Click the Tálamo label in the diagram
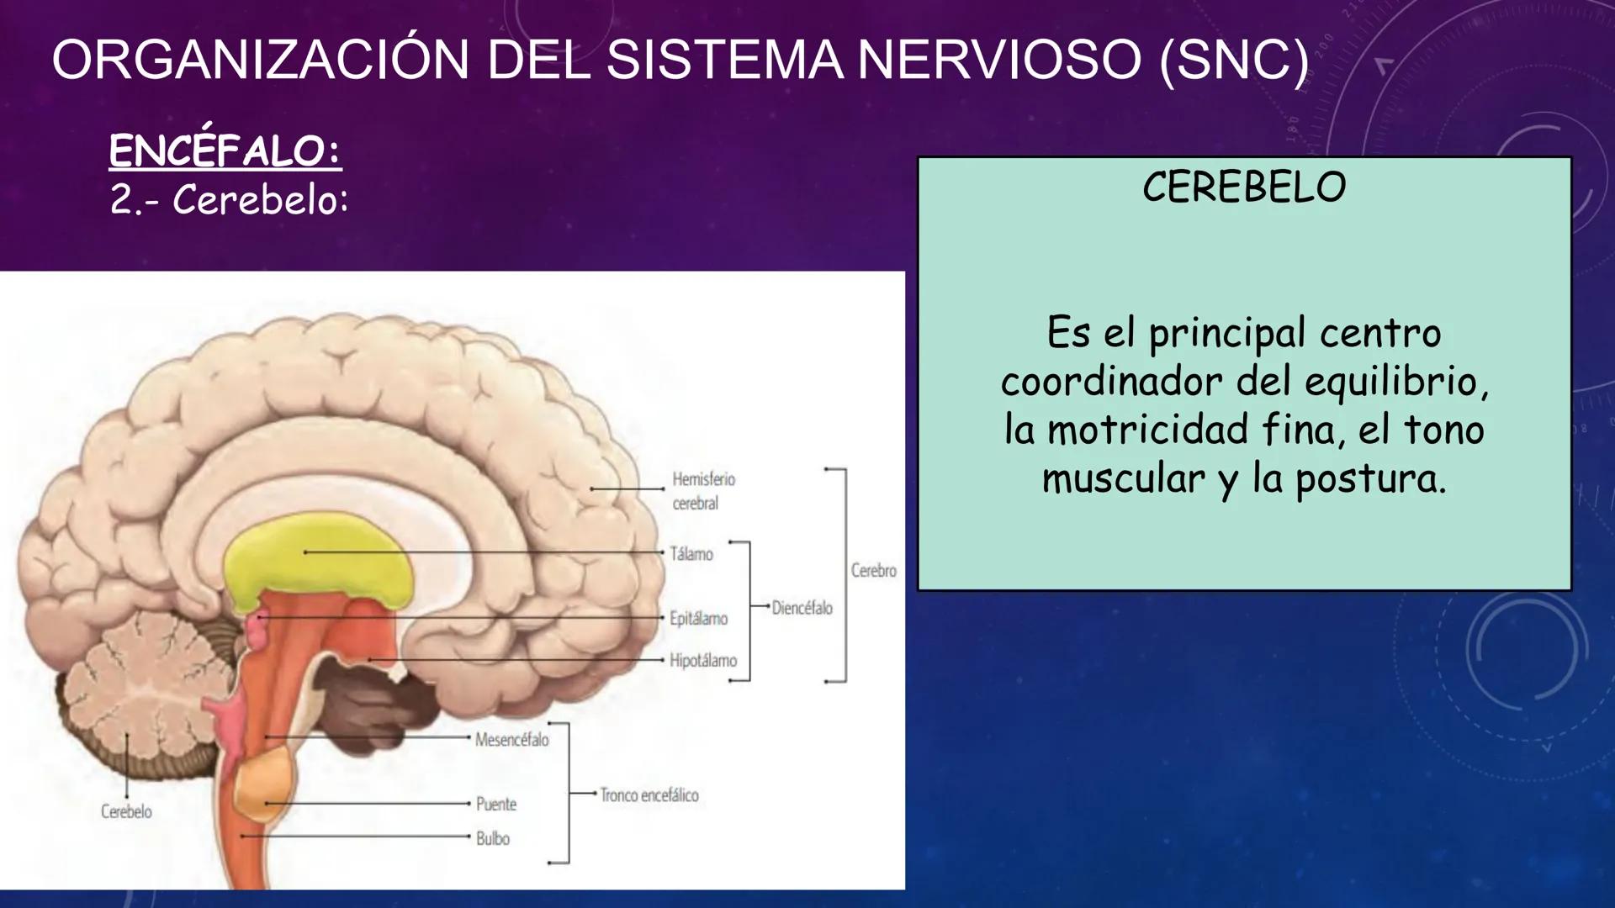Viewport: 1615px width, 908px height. [x=691, y=554]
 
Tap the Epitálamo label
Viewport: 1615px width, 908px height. [x=698, y=619]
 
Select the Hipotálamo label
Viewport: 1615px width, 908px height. [x=703, y=661]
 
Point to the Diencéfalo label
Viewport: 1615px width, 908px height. [x=802, y=608]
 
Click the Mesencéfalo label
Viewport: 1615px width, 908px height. [x=511, y=740]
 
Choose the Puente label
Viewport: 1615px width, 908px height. [x=496, y=805]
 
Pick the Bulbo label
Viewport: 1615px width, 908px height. [x=493, y=839]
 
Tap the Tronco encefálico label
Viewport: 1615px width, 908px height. [x=649, y=795]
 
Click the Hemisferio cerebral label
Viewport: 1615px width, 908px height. [x=703, y=491]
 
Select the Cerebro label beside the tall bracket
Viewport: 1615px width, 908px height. [x=874, y=571]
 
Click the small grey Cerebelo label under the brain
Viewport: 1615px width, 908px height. [x=126, y=812]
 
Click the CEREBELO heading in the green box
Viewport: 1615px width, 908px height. [x=1244, y=187]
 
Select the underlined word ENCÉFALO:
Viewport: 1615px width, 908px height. [x=225, y=151]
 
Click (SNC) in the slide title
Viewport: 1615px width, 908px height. [x=1234, y=61]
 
